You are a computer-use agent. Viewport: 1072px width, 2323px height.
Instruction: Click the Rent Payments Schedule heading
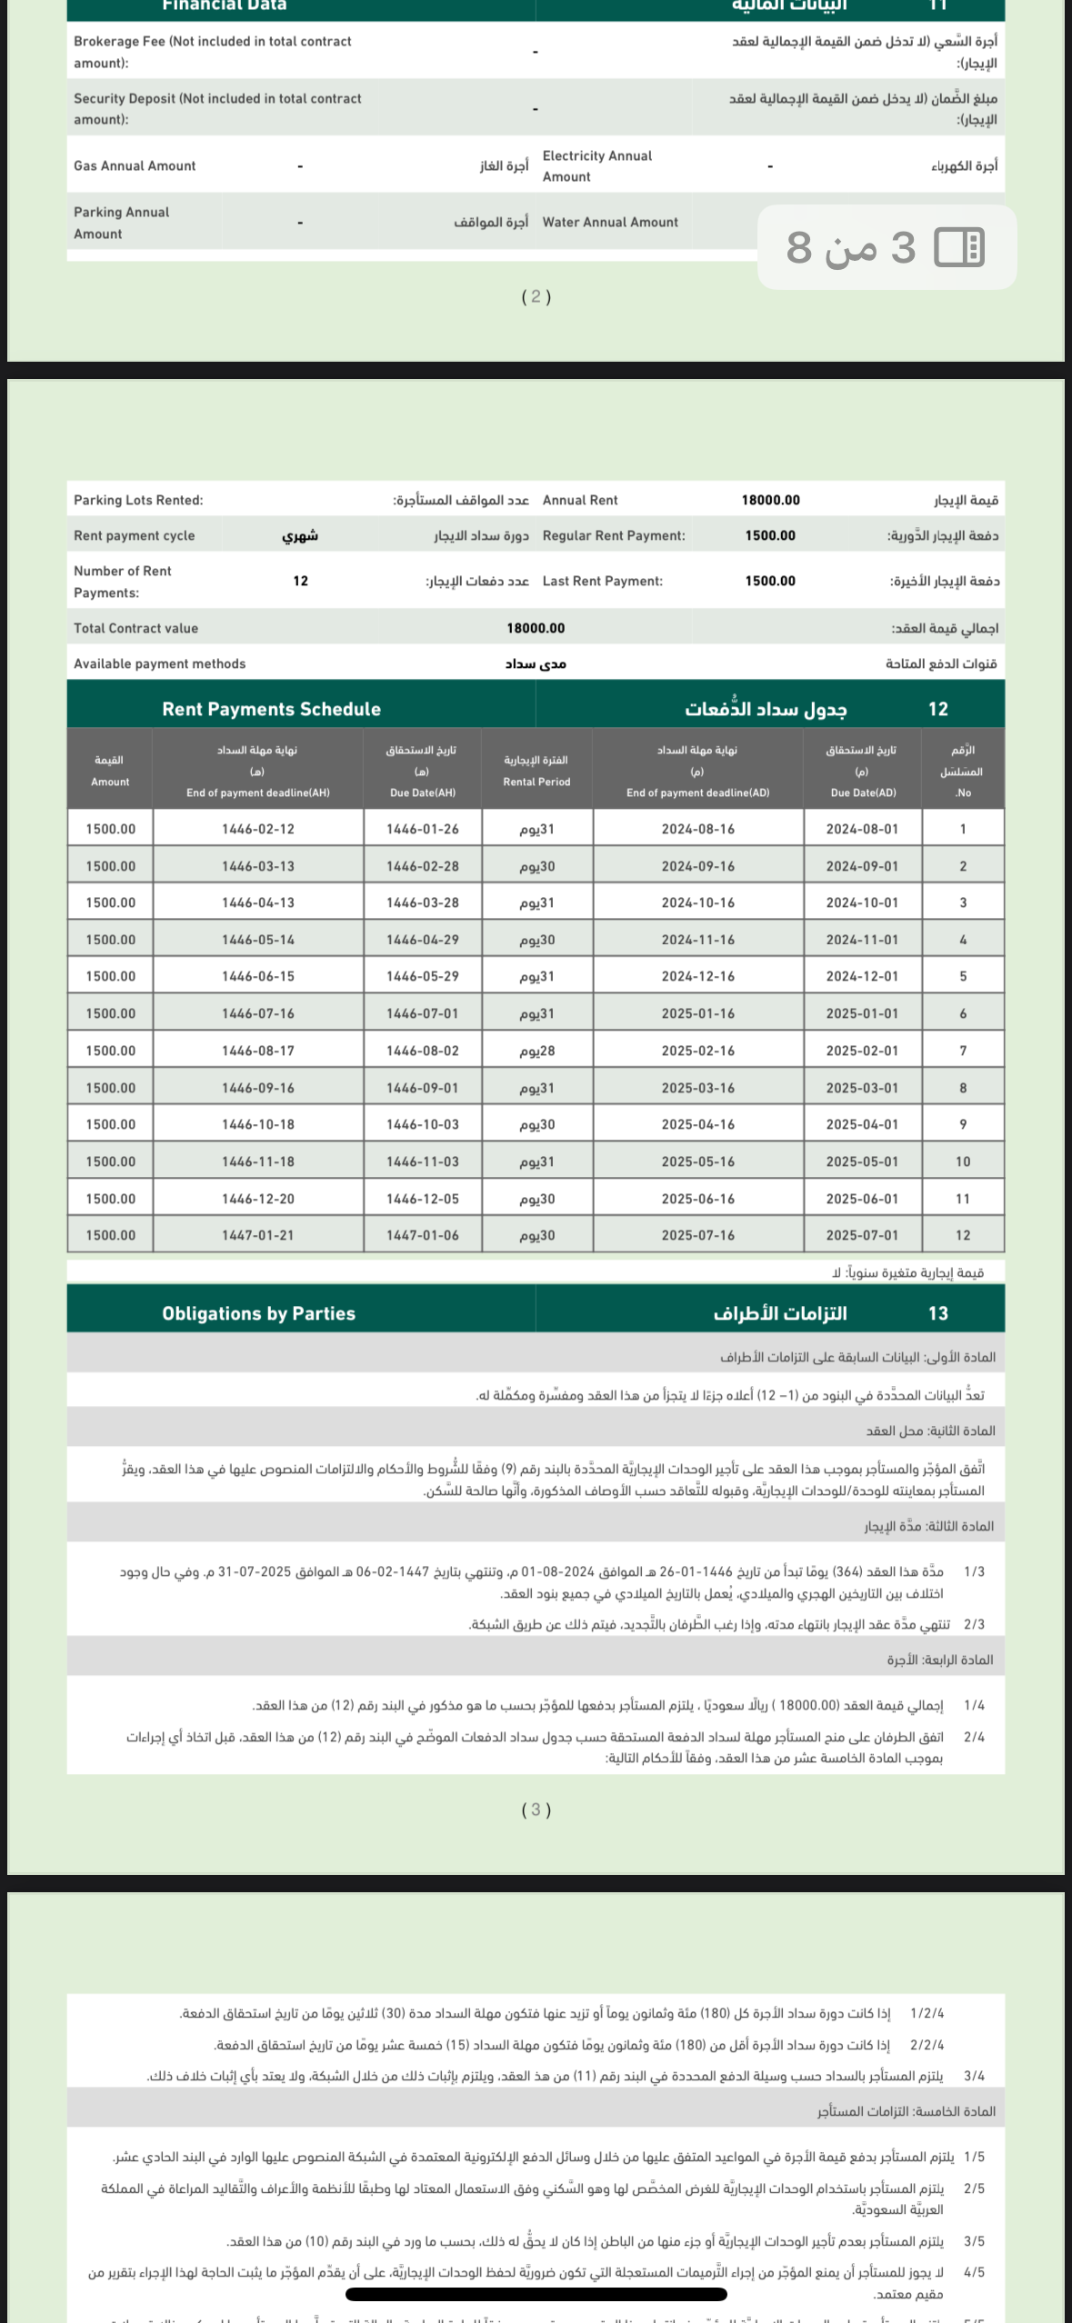271,709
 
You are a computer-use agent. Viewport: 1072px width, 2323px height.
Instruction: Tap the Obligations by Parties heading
258,1313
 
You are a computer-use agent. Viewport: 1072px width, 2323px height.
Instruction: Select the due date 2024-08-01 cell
862,829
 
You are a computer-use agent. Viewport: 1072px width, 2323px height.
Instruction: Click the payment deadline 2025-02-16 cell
697,1051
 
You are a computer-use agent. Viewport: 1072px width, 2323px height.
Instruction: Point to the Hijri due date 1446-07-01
422,1013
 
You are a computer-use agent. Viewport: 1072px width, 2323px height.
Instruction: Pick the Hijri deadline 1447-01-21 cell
258,1235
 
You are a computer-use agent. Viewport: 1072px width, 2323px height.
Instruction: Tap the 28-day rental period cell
536,1051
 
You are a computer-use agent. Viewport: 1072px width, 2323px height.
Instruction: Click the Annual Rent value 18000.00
770,500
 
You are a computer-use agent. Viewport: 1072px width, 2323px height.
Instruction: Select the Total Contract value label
135,628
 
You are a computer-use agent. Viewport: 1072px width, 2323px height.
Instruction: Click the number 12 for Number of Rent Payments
300,581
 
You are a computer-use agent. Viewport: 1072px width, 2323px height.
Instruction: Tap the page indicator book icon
959,247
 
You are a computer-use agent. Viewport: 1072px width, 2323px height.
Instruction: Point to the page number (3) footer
536,1810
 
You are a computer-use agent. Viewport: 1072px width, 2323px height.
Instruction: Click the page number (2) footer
536,296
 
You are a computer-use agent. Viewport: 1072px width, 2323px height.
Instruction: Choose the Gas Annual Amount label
135,165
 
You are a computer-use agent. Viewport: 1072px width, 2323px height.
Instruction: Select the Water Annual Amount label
610,222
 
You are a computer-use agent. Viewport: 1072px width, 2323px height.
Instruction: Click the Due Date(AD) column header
862,771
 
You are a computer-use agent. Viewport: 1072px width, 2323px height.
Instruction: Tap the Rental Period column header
536,771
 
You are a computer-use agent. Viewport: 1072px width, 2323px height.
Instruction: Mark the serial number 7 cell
963,1051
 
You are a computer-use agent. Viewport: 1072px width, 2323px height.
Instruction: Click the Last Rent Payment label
602,581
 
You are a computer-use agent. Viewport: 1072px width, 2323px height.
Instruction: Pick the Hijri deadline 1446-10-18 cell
258,1124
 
